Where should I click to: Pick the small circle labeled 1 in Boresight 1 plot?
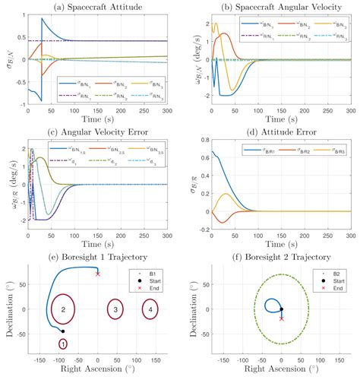(x=62, y=344)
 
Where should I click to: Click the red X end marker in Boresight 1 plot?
(x=97, y=274)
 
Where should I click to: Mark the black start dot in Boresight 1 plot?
(x=63, y=331)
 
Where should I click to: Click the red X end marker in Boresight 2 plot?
(x=282, y=318)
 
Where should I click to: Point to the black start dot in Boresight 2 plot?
(x=282, y=309)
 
